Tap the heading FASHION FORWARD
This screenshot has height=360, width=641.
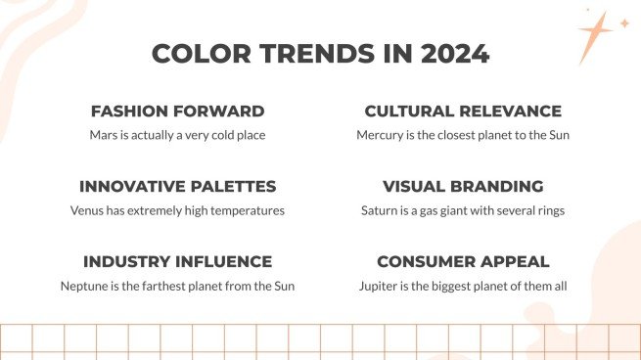point(177,112)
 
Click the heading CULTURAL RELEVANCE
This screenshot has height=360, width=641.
point(463,112)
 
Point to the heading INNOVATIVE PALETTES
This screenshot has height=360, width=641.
point(177,187)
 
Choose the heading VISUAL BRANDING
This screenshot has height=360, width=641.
point(463,187)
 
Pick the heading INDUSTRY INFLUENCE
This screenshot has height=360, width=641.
point(177,262)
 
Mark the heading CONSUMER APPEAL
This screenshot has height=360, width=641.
point(463,262)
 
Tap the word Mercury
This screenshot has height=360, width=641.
point(381,135)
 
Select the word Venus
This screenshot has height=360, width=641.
point(88,210)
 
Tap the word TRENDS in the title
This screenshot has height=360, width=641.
point(315,54)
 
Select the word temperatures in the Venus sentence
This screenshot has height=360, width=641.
point(249,210)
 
